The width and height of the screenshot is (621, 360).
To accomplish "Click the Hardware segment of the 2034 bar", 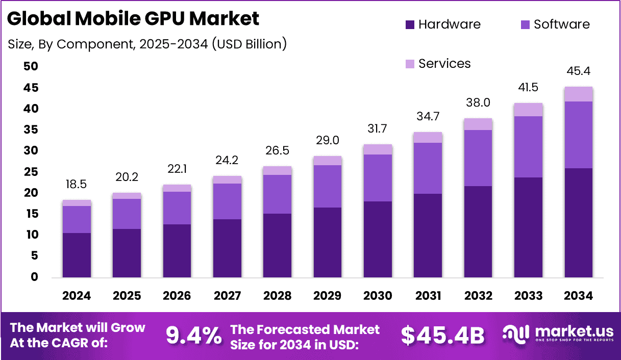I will pos(578,223).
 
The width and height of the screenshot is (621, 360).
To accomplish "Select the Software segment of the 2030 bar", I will pos(377,178).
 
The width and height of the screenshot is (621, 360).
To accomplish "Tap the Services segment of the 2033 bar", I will pos(528,110).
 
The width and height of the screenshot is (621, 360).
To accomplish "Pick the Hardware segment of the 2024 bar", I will pos(77,255).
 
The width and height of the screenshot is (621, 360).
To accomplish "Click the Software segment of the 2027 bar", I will pos(227,201).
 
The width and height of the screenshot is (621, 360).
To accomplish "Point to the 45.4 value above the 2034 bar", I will pos(578,71).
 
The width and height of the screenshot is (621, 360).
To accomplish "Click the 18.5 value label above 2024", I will pos(77,184).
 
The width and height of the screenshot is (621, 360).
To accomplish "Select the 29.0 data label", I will pos(327,140).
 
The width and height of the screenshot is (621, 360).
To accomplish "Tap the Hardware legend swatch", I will pos(410,24).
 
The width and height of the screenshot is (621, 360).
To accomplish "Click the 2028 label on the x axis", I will pos(277,296).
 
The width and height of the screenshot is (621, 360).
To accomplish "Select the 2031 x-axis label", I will pos(428,296).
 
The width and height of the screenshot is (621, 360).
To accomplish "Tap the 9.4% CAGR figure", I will pos(194,335).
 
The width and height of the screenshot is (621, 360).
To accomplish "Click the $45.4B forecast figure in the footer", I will pos(442,335).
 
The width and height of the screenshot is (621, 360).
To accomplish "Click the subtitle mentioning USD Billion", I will pos(147,44).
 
